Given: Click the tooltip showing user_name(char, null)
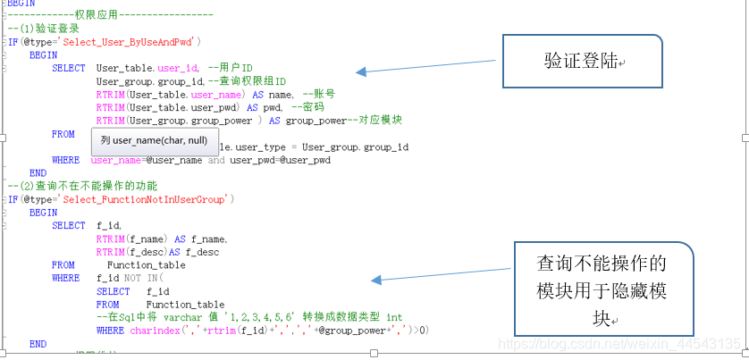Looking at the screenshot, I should (x=154, y=140).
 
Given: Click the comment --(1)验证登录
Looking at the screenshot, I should (x=43, y=29).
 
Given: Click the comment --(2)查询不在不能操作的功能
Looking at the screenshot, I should (x=82, y=186).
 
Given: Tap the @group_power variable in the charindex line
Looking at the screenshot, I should (x=366, y=331).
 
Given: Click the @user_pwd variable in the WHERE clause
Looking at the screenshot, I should (x=305, y=160).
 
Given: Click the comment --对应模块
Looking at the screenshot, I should (x=374, y=121).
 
